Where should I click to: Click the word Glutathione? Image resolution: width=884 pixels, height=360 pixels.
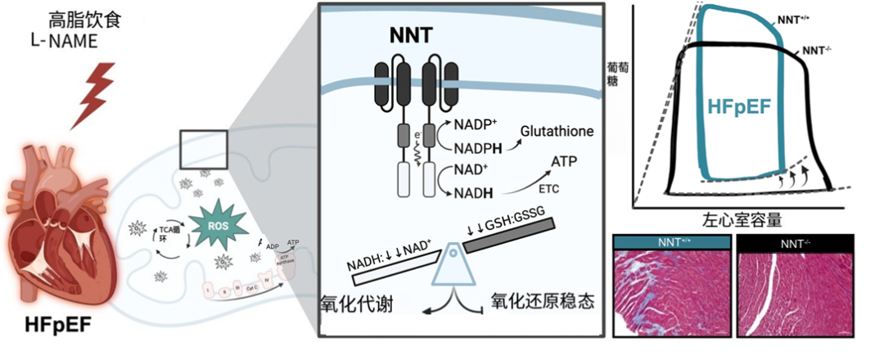click(x=557, y=132)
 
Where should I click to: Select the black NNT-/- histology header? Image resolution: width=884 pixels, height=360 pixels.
click(x=796, y=241)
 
